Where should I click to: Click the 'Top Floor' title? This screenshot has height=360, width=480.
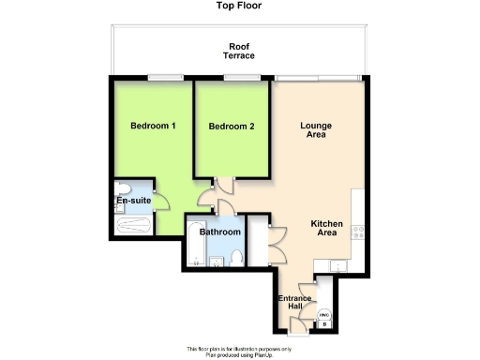[x=240, y=6]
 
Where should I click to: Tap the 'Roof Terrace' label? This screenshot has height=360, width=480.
[x=238, y=51]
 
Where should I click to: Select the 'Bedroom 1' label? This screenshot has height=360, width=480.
[x=154, y=126]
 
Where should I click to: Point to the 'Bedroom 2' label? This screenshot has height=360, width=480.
[x=232, y=127]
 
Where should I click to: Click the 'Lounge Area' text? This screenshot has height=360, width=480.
[x=316, y=129]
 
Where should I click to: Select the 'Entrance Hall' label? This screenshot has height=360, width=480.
[x=294, y=304]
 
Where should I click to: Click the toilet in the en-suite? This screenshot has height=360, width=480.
[x=122, y=187]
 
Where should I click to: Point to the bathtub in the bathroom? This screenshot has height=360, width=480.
[x=194, y=245]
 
